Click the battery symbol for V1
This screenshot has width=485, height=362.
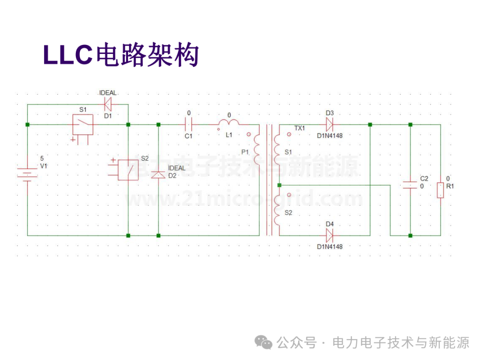pyautogui.click(x=27, y=175)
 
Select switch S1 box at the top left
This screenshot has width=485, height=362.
pyautogui.click(x=83, y=125)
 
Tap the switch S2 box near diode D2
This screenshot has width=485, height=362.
pyautogui.click(x=128, y=170)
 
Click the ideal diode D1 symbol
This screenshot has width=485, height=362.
pyautogui.click(x=108, y=104)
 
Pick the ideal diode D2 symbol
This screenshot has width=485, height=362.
pyautogui.click(x=158, y=175)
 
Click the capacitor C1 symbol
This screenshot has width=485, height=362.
pyautogui.click(x=189, y=125)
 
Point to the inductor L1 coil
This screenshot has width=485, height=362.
pyautogui.click(x=229, y=122)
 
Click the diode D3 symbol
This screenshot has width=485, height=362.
pyautogui.click(x=330, y=125)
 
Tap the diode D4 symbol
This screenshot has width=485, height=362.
pyautogui.click(x=330, y=236)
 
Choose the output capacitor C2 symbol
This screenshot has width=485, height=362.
pyautogui.click(x=410, y=185)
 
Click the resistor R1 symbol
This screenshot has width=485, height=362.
pyautogui.click(x=441, y=191)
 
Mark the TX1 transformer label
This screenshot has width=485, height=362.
pyautogui.click(x=300, y=128)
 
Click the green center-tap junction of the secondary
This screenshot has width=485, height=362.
pyautogui.click(x=279, y=185)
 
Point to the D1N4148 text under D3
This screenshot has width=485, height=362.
pyautogui.click(x=330, y=136)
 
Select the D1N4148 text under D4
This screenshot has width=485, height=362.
pyautogui.click(x=330, y=247)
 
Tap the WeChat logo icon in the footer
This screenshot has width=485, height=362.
pyautogui.click(x=263, y=343)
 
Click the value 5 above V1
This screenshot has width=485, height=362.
pyautogui.click(x=42, y=159)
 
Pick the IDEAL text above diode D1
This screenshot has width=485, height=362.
pyautogui.click(x=108, y=93)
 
